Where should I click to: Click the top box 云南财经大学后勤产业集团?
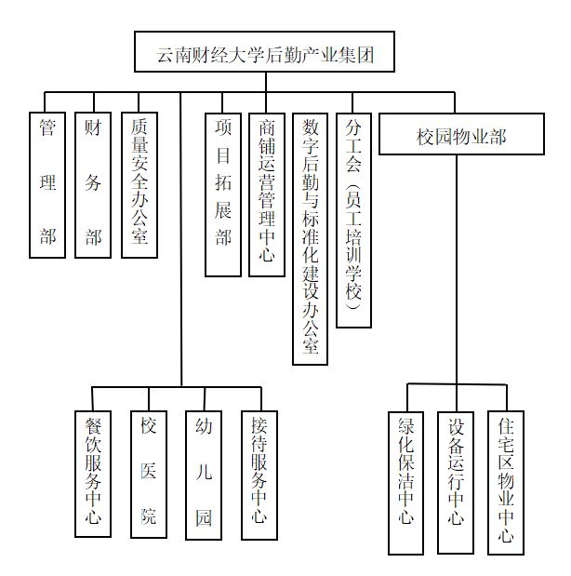pyautogui.click(x=264, y=51)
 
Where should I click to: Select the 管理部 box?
pyautogui.click(x=47, y=185)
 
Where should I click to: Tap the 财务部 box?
pyautogui.click(x=93, y=185)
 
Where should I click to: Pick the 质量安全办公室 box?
pyautogui.click(x=139, y=185)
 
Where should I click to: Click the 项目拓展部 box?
pyautogui.click(x=223, y=194)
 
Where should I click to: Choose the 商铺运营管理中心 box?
pyautogui.click(x=267, y=194)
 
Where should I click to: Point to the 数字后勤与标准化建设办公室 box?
pyautogui.click(x=311, y=239)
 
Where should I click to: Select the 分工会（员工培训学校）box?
pyautogui.click(x=354, y=220)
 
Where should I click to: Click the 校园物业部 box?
pyautogui.click(x=461, y=134)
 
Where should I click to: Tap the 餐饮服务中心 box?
pyautogui.click(x=93, y=474)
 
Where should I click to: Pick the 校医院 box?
pyautogui.click(x=149, y=475)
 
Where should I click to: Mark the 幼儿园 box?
pyautogui.click(x=204, y=476)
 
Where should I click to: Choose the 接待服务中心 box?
pyautogui.click(x=259, y=476)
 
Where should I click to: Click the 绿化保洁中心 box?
pyautogui.click(x=406, y=483)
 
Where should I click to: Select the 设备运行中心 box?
pyautogui.click(x=456, y=483)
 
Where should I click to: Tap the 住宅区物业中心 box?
pyautogui.click(x=506, y=483)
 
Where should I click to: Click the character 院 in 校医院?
pyautogui.click(x=149, y=516)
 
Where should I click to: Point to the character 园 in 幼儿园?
pyautogui.click(x=204, y=517)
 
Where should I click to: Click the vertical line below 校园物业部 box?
pyautogui.click(x=457, y=270)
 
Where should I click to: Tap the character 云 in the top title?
pyautogui.click(x=166, y=55)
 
